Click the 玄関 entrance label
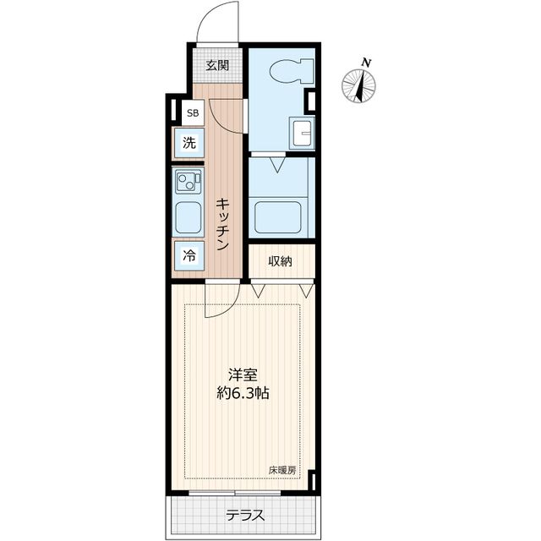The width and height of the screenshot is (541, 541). tap(217, 65)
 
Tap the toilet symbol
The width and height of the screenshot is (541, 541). tap(292, 71)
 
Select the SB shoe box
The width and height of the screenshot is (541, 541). tap(193, 112)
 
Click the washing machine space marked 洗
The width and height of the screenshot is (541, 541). tap(189, 143)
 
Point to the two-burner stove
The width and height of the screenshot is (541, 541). tap(188, 181)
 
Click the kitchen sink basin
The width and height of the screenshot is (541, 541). tap(188, 218)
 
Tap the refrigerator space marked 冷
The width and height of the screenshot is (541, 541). tap(189, 255)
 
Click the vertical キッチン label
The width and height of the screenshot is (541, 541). tap(223, 224)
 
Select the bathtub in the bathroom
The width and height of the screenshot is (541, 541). tap(278, 217)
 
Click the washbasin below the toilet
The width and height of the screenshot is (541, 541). tap(303, 133)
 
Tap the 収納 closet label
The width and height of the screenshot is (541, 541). tap(280, 261)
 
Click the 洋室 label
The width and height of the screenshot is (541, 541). tap(243, 375)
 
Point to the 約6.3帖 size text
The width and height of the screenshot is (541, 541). tap(243, 392)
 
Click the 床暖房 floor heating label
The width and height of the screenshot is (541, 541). tap(282, 470)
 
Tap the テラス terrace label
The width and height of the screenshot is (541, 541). tap(245, 516)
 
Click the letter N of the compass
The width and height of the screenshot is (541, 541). tap(366, 63)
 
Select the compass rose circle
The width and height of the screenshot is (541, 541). tap(358, 86)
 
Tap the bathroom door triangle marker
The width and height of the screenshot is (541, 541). tap(277, 165)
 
